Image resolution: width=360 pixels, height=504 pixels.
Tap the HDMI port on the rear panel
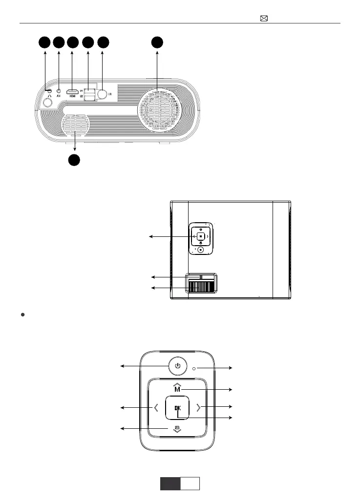(x=72, y=91)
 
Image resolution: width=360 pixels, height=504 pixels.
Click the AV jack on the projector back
(x=59, y=90)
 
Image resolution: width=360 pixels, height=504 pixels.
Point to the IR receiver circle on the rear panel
(x=103, y=94)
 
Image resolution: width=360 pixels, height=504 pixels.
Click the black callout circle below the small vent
(x=74, y=160)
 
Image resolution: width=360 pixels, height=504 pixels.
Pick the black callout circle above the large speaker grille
(x=157, y=42)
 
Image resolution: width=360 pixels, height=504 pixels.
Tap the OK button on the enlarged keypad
(x=177, y=407)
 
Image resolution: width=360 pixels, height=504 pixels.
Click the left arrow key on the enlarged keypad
(x=155, y=407)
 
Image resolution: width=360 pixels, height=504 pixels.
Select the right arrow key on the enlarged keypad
(x=198, y=407)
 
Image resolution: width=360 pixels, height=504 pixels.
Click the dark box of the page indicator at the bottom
(x=170, y=483)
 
